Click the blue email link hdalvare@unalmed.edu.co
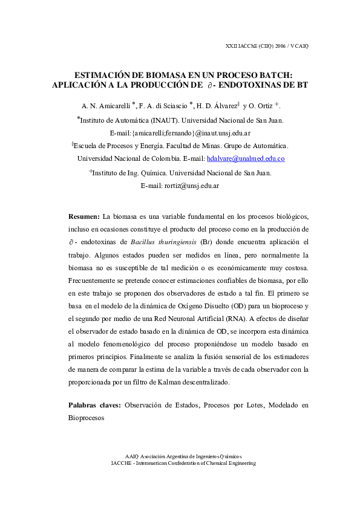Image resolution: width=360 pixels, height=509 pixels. (x=246, y=158)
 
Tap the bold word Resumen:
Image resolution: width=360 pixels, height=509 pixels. (x=83, y=216)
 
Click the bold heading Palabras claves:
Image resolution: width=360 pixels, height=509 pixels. (x=93, y=404)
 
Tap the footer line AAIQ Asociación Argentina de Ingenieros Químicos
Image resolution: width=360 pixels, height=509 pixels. (x=183, y=456)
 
